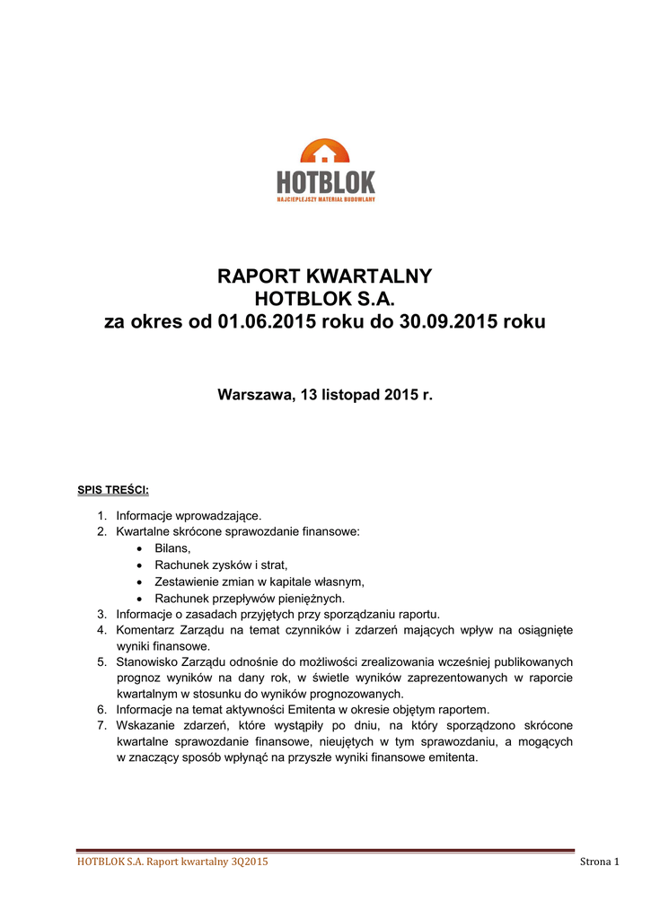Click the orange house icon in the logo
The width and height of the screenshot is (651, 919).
325,154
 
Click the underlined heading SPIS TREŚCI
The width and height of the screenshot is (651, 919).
113,490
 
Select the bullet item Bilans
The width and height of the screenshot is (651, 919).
173,547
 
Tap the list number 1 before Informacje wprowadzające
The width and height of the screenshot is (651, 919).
101,515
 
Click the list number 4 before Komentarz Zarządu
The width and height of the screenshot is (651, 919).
101,630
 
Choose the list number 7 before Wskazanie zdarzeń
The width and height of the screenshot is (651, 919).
101,724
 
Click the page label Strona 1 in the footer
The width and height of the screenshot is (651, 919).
600,862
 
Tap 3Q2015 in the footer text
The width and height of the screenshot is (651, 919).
248,862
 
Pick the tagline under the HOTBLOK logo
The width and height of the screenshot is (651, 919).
325,199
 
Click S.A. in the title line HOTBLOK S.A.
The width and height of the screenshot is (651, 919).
374,299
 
